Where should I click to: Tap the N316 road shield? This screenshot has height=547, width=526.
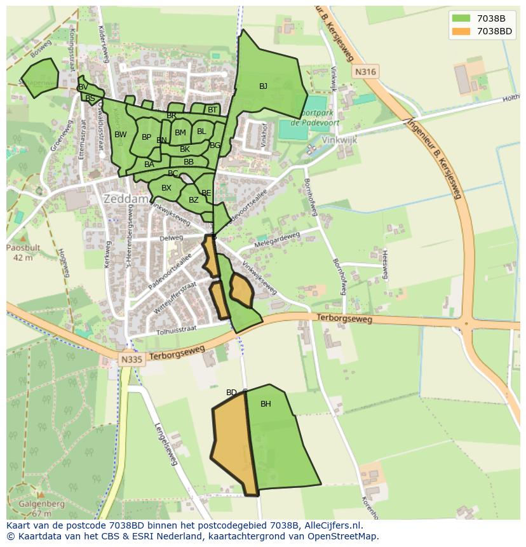click(x=365, y=72)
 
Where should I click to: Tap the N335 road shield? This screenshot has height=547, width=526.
click(x=132, y=360)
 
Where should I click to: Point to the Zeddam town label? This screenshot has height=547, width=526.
click(x=126, y=199)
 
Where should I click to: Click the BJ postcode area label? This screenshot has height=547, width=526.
click(x=263, y=86)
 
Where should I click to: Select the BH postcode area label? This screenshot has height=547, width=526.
click(x=266, y=404)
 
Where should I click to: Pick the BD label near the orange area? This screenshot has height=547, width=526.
click(x=231, y=393)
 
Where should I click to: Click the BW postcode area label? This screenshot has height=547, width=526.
click(x=121, y=135)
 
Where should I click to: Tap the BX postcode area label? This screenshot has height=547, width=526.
click(x=166, y=188)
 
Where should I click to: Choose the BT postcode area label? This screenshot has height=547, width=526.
click(x=212, y=110)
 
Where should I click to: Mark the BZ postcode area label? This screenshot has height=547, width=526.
click(x=194, y=201)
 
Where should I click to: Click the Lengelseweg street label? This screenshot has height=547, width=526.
click(x=165, y=444)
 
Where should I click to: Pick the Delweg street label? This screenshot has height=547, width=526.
click(x=172, y=238)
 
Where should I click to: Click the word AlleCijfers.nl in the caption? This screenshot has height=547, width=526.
click(x=332, y=526)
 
